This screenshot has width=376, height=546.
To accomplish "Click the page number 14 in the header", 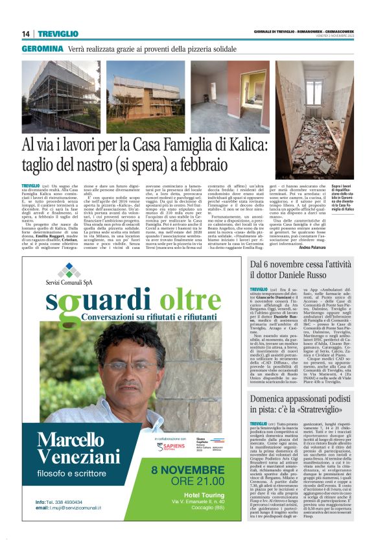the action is point(26,34).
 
